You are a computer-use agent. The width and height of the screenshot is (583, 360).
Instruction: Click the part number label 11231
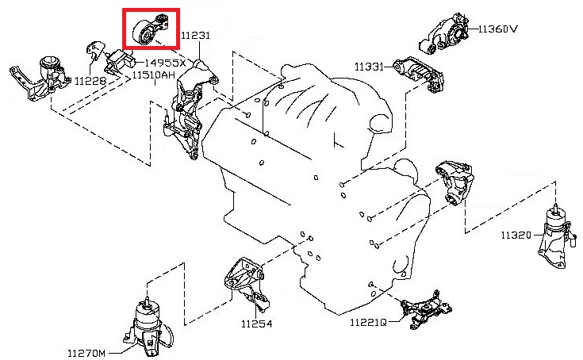coord(196,36)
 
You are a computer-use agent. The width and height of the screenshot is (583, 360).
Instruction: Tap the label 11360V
coord(497,29)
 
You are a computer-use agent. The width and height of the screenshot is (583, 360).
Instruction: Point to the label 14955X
coord(164,62)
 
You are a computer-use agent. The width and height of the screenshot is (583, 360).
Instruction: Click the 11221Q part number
coord(367,323)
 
